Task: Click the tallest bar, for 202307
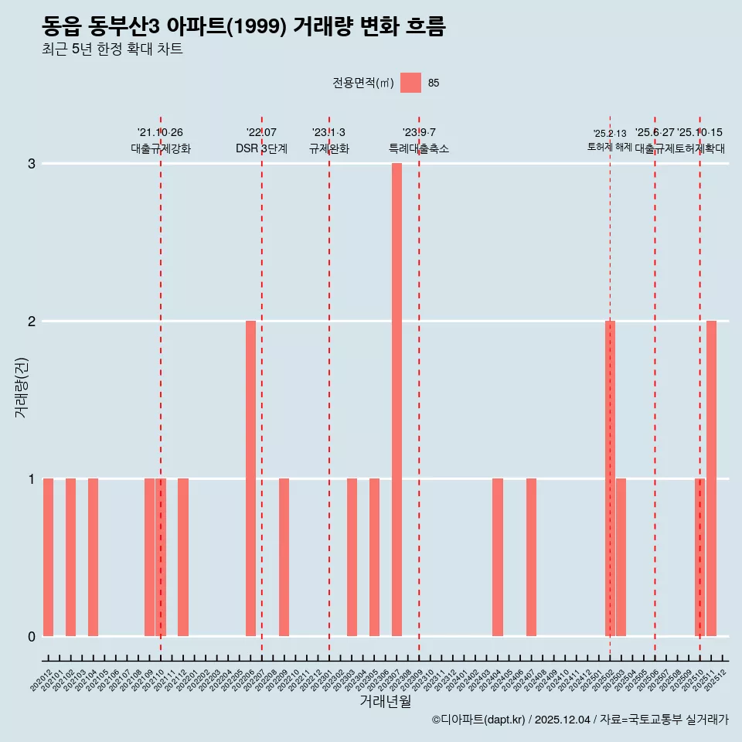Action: (x=397, y=400)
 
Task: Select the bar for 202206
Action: (x=250, y=478)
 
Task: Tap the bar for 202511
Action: (x=711, y=478)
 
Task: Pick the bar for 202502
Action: (x=610, y=478)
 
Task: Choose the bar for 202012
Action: (x=48, y=557)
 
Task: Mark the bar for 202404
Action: (x=498, y=557)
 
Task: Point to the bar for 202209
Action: (x=284, y=557)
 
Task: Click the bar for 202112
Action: (x=183, y=557)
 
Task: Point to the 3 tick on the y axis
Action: (x=32, y=164)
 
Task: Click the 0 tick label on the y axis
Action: (x=32, y=637)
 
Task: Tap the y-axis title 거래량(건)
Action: (x=22, y=386)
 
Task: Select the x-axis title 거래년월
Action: (x=385, y=701)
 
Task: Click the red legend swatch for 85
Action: (x=410, y=83)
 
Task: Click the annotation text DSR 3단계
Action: (x=261, y=148)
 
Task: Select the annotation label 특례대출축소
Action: (x=418, y=148)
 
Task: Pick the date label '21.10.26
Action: (x=160, y=132)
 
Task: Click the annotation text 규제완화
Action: (x=328, y=148)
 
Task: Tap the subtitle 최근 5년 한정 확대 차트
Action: (x=112, y=49)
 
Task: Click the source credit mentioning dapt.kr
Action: (x=580, y=720)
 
